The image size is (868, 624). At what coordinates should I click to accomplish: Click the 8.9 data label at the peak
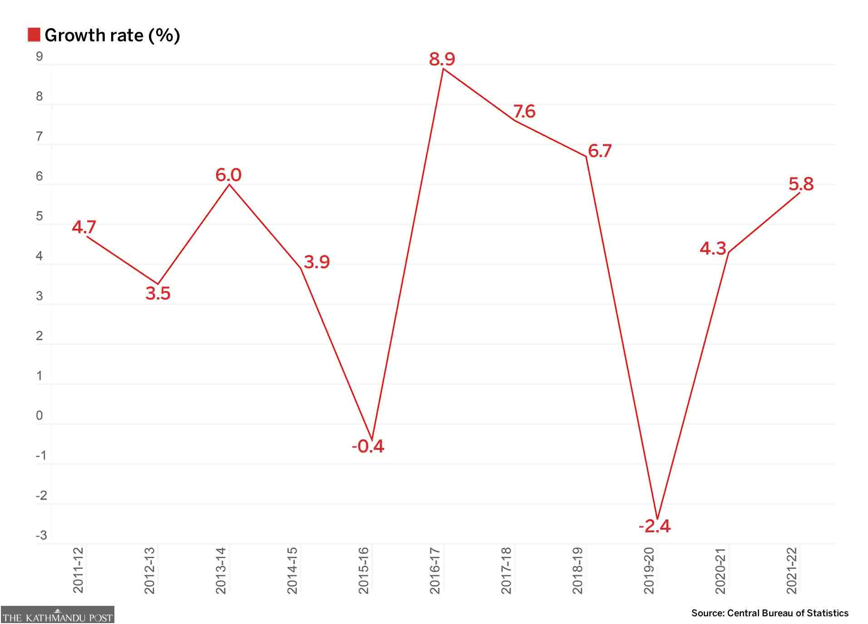pos(442,59)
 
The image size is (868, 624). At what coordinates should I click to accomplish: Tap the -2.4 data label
pos(654,526)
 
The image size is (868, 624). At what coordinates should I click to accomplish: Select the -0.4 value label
pos(368,446)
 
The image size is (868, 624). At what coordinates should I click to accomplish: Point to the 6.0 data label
pos(228,175)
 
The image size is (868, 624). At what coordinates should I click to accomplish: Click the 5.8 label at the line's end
pos(801,184)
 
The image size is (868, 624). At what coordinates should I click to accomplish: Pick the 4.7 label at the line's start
pos(84,226)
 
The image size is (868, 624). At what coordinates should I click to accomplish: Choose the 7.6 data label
pos(524,111)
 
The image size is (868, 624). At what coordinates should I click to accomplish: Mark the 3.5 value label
pos(158,293)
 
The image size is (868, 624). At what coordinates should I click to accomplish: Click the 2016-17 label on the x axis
pos(435,570)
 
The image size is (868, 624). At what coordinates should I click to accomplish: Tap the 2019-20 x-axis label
pos(649,570)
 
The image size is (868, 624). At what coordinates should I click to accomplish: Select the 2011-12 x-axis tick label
pos(79,570)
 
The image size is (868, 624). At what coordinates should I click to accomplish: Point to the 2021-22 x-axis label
pos(792,570)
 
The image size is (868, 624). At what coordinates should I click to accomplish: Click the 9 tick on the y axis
pos(39,56)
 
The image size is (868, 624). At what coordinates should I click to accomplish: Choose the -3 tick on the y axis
pos(41,535)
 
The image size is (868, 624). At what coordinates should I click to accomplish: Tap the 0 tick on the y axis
pos(39,415)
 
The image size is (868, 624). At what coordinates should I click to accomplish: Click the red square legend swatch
pos(34,35)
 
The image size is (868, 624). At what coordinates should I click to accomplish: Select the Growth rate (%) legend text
pos(112,35)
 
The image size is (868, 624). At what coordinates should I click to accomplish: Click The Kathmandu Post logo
pos(57,615)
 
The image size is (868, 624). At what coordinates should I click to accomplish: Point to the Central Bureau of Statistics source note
pos(769,613)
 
